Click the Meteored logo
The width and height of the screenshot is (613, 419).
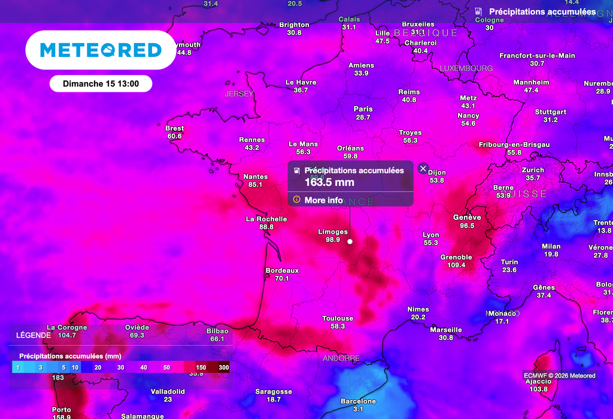101,50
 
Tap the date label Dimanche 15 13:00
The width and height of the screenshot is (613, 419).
101,84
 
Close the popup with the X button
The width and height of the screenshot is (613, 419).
423,168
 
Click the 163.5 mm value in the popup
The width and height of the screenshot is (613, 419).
329,182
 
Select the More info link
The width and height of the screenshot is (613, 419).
323,200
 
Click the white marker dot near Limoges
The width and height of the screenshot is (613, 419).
350,242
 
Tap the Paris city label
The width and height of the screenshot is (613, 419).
363,109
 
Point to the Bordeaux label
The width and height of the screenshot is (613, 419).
282,271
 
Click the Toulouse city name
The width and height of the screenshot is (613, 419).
338,318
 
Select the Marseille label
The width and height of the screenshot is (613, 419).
446,330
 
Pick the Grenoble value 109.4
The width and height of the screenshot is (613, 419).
456,265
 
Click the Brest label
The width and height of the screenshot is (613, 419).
175,128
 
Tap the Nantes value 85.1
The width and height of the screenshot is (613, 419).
256,185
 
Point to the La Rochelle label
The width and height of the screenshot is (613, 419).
266,219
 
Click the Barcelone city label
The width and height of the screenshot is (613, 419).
358,401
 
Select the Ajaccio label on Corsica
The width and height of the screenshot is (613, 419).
538,381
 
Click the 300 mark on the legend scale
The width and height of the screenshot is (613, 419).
224,367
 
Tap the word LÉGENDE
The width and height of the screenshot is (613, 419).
34,335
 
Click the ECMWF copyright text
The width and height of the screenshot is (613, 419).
560,376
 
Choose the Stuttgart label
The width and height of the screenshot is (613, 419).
550,112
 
